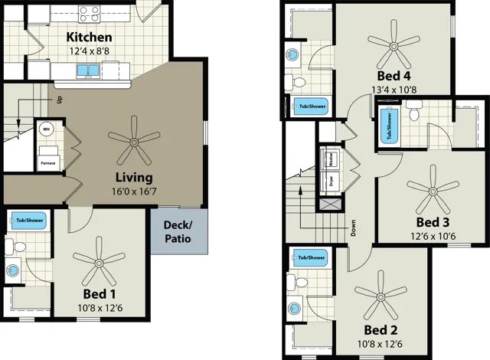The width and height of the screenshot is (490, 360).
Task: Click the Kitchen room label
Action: (89, 38)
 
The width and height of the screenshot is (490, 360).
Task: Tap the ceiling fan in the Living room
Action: (134, 139)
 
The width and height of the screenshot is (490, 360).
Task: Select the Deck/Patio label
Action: (178, 232)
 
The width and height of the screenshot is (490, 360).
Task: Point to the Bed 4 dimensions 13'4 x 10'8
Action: (394, 90)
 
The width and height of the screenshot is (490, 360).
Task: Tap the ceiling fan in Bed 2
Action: (380, 294)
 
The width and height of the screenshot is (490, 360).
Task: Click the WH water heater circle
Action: (46, 129)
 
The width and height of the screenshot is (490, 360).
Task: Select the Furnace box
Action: (47, 162)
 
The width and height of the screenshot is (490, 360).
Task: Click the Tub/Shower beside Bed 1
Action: (30, 221)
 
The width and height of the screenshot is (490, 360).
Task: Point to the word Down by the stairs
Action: (353, 227)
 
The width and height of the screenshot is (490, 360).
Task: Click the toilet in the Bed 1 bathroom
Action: (20, 245)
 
